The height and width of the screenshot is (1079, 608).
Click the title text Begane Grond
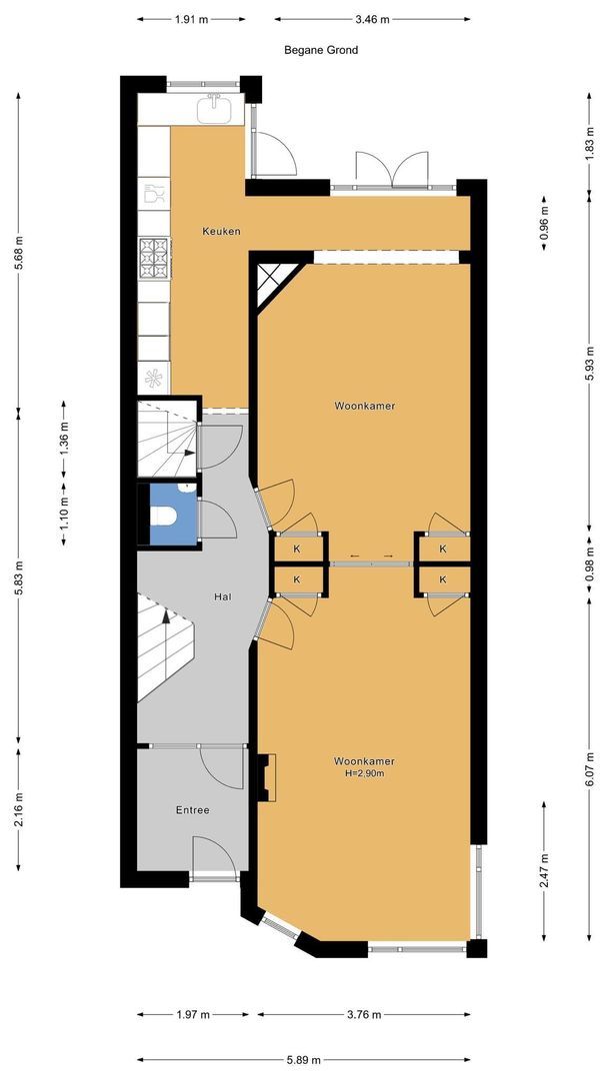tap(321, 50)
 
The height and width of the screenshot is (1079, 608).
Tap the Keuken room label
tap(221, 231)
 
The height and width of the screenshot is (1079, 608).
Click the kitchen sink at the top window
tap(214, 110)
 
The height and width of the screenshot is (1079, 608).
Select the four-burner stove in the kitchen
tap(154, 258)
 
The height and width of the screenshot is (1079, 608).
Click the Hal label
tap(222, 596)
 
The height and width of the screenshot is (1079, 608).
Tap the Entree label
tap(192, 810)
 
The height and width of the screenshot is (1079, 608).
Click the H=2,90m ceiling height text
tap(364, 773)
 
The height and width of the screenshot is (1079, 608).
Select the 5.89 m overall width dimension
tap(304, 1060)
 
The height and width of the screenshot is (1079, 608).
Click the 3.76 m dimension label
tap(364, 1014)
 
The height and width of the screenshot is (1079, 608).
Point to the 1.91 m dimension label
tap(191, 19)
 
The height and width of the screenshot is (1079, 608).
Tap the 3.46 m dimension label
tap(373, 19)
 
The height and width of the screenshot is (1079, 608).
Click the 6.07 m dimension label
tap(590, 769)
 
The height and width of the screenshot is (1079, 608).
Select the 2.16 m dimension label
tap(19, 810)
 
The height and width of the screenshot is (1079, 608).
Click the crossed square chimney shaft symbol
tap(273, 279)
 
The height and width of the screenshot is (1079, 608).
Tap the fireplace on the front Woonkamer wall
tap(266, 777)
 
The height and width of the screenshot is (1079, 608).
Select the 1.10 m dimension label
tap(64, 515)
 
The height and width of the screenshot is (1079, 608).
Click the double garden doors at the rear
tap(392, 169)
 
